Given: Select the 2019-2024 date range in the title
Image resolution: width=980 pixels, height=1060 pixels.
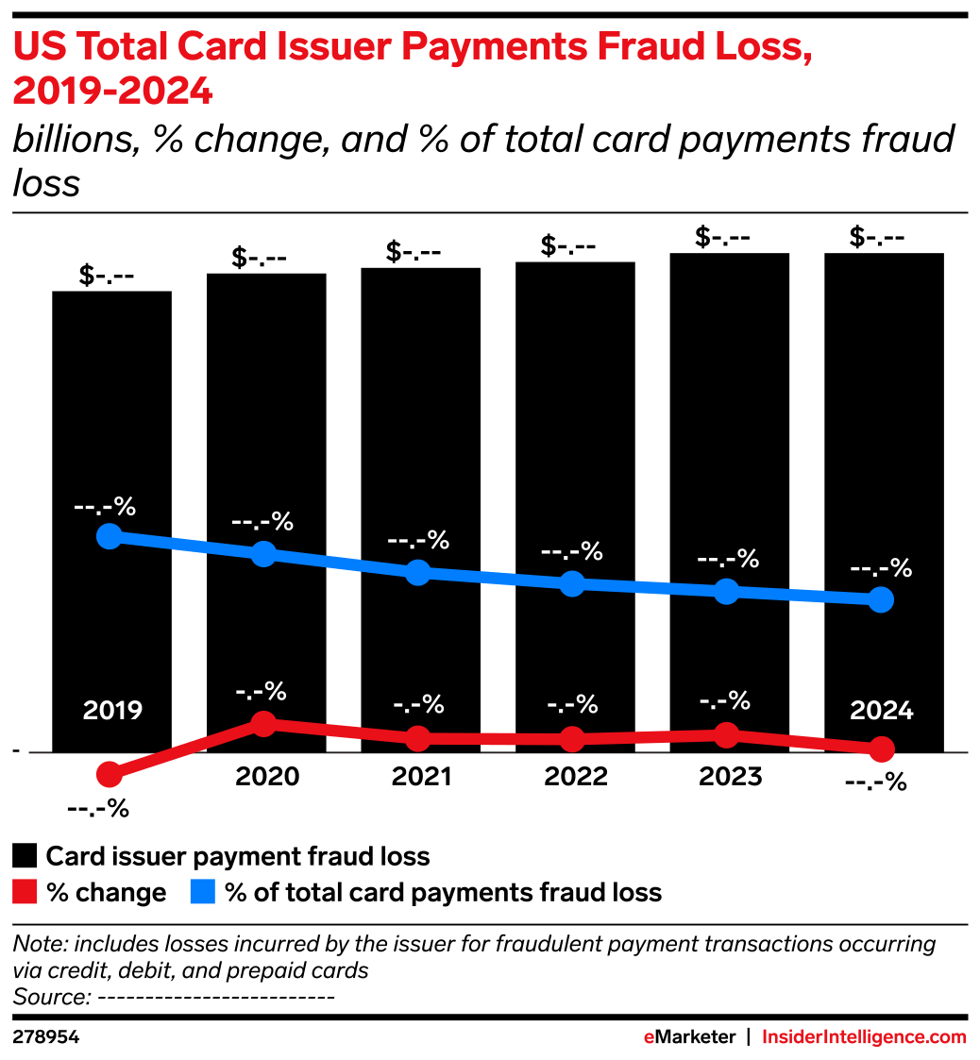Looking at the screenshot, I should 112,93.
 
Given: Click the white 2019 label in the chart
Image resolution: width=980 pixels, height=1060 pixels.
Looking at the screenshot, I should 112,711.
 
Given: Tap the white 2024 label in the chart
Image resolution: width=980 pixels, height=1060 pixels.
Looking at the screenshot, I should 882,711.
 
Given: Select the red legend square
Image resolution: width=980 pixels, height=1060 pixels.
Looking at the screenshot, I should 25,891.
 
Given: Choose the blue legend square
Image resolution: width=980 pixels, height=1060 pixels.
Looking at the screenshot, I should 202,891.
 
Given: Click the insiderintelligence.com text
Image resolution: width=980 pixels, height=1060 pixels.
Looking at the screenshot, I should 864,1037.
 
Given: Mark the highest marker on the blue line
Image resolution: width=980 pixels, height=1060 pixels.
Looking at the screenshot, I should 110,536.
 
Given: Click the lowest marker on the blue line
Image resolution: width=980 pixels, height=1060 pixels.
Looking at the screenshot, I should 881,599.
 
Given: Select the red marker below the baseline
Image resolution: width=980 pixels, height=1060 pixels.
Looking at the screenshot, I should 110,775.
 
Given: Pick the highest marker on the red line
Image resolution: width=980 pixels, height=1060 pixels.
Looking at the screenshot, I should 264,724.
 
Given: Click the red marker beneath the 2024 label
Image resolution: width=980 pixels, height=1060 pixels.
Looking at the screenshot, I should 882,749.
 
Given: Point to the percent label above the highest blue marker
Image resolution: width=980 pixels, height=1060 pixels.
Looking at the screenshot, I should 105,507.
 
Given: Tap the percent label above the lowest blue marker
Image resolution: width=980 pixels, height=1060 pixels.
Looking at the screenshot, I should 881,569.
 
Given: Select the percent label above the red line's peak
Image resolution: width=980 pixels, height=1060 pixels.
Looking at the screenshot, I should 261,692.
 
